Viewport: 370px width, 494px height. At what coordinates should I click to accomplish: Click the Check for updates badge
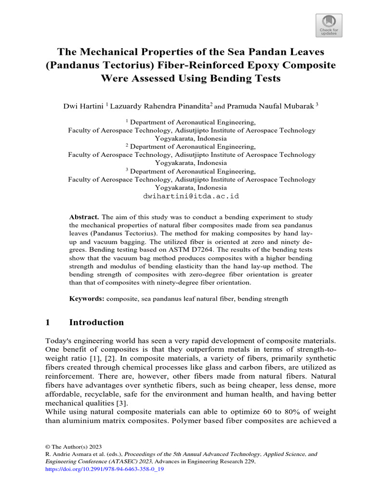(329, 25)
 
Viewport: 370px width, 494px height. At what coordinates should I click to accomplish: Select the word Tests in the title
(264, 78)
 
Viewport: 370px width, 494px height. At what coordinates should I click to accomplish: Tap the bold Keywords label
(87, 299)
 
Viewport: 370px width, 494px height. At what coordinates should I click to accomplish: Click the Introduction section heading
(96, 322)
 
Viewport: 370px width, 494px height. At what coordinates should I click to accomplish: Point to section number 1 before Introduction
(48, 322)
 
